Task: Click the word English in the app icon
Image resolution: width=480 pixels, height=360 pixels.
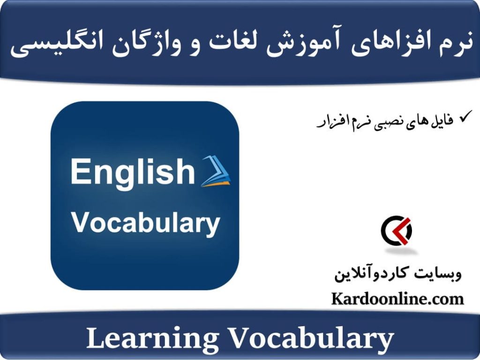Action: pos(132,172)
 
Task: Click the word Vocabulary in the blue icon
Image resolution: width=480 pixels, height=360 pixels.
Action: pos(145,224)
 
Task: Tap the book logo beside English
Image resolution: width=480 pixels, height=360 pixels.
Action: pos(215,172)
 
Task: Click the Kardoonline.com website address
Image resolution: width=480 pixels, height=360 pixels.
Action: pos(397,299)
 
